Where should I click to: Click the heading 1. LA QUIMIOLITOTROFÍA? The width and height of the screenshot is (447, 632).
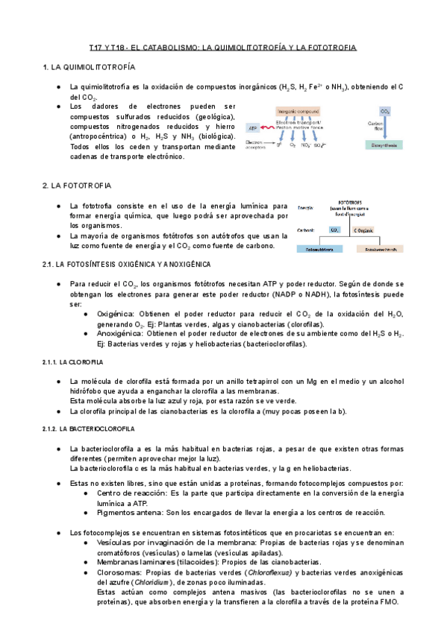click(x=89, y=68)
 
